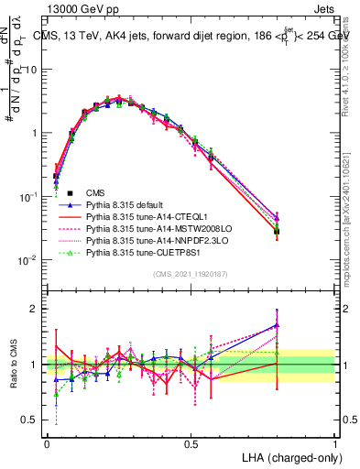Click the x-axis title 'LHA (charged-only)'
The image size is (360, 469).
[289, 455]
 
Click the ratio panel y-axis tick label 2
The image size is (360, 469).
[36, 309]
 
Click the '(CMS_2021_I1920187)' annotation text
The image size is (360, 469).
[191, 274]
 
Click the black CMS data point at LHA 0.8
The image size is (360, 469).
[277, 232]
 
